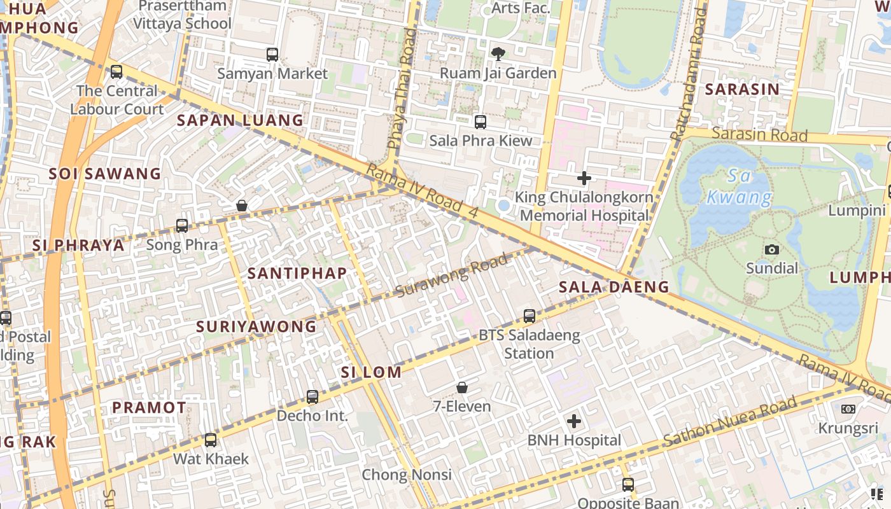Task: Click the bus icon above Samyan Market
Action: pyautogui.click(x=272, y=55)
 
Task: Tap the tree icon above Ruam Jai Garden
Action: pyautogui.click(x=498, y=54)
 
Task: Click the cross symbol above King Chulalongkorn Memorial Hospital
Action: pyautogui.click(x=584, y=178)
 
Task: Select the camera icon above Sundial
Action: pyautogui.click(x=772, y=249)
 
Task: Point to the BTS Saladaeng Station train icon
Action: pyautogui.click(x=529, y=316)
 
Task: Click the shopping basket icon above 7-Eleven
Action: pyautogui.click(x=462, y=387)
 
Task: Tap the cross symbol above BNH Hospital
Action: pyautogui.click(x=574, y=421)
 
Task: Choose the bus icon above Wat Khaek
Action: pyautogui.click(x=211, y=440)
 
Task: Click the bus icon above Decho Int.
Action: pyautogui.click(x=312, y=397)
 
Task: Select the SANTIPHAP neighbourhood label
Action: pyautogui.click(x=297, y=274)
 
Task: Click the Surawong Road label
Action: pyautogui.click(x=452, y=275)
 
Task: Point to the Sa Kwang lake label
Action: pyautogui.click(x=740, y=187)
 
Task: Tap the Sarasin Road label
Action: pyautogui.click(x=759, y=134)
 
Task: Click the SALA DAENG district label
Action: pyautogui.click(x=614, y=287)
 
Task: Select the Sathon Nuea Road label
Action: pyautogui.click(x=729, y=421)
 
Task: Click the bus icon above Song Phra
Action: pyautogui.click(x=182, y=225)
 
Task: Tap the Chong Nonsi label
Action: pyautogui.click(x=407, y=475)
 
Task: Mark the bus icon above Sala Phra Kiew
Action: pyautogui.click(x=481, y=122)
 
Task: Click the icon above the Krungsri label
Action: pyautogui.click(x=848, y=409)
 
